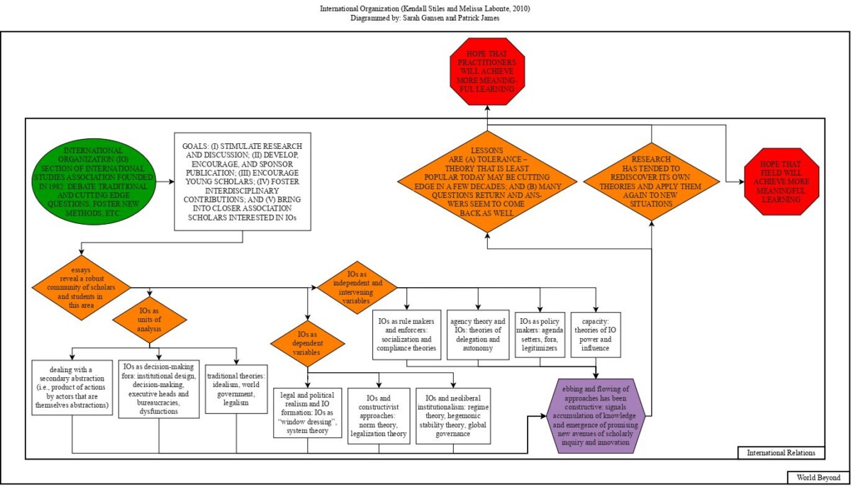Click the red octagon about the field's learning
(x=782, y=181)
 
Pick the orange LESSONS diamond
(x=486, y=181)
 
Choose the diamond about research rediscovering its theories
(x=652, y=181)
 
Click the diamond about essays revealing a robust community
(x=81, y=287)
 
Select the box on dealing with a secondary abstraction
(x=73, y=387)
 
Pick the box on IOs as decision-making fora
(x=158, y=388)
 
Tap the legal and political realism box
(x=308, y=412)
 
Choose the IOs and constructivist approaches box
(x=379, y=415)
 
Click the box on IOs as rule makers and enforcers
(x=407, y=333)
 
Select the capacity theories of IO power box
(x=595, y=333)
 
